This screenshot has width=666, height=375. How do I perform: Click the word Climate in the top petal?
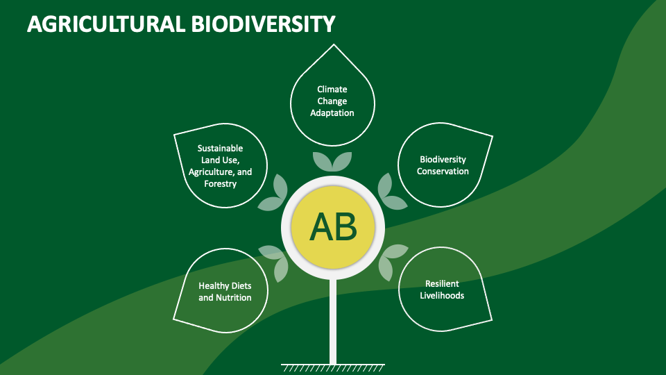[332, 89]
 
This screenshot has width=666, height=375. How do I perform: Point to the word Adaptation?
[332, 112]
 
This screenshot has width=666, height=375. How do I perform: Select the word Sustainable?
[220, 148]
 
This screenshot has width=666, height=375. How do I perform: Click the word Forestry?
[220, 184]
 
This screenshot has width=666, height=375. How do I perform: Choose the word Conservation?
[443, 171]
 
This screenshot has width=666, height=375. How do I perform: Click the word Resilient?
[443, 283]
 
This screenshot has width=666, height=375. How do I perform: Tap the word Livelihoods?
[443, 295]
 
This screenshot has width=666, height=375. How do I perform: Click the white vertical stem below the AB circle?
[333, 319]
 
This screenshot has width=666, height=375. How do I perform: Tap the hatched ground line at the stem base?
[333, 365]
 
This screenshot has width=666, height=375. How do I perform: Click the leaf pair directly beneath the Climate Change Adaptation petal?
[332, 161]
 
